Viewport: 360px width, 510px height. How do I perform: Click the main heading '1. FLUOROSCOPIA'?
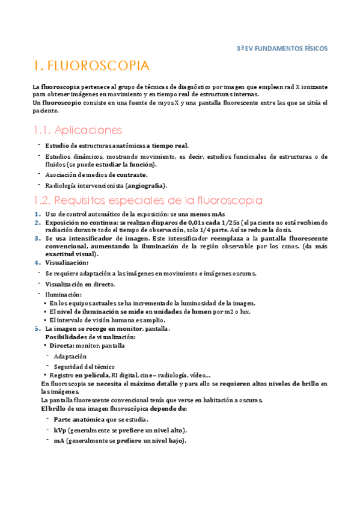tap(91, 66)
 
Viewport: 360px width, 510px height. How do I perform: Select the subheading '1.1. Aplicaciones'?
tap(78, 130)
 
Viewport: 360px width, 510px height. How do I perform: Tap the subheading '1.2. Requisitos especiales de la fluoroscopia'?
tap(147, 200)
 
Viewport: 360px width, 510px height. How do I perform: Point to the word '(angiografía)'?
tap(145, 185)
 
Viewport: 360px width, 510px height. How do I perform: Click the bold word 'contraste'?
tap(129, 174)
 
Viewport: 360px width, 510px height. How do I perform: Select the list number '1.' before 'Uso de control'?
tap(37, 214)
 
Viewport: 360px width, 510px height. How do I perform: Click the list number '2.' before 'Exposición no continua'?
tap(37, 222)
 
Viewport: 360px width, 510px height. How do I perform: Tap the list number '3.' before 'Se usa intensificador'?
tap(37, 238)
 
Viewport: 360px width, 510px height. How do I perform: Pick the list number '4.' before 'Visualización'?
tap(37, 262)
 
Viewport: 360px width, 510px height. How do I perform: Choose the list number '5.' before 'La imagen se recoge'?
tap(37, 329)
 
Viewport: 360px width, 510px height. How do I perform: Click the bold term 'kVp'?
tap(59, 430)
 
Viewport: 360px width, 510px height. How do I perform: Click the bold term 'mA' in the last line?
tap(59, 440)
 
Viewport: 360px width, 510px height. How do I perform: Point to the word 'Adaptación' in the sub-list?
tap(70, 356)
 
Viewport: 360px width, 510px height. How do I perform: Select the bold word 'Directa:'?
tap(62, 346)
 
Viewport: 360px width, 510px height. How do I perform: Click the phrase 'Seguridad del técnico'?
tap(84, 366)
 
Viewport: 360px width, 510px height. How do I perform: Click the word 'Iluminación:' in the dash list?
tap(63, 295)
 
